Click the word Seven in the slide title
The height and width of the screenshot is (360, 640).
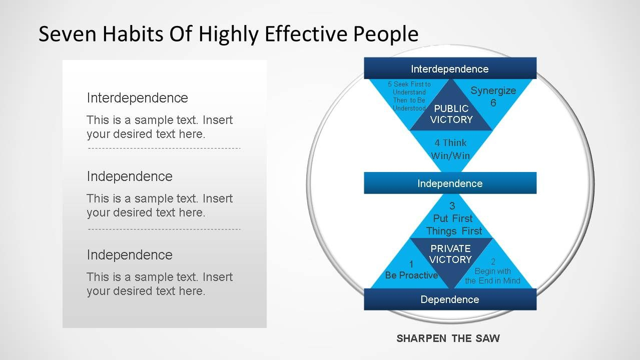(68, 34)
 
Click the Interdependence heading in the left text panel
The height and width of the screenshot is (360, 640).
(138, 98)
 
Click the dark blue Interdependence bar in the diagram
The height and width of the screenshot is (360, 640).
(450, 68)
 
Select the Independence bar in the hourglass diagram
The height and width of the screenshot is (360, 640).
(450, 183)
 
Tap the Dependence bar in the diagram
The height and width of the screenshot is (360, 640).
(450, 299)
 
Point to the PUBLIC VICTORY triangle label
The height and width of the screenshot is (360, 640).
(451, 114)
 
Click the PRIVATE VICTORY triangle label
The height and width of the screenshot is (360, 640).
(450, 254)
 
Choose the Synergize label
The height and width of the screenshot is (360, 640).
(493, 90)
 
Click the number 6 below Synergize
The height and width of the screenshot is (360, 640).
(493, 103)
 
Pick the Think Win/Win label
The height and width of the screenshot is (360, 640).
(450, 149)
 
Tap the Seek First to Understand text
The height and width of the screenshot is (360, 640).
(409, 96)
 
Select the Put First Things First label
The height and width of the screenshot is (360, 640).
(454, 224)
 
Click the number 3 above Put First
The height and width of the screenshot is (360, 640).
(452, 206)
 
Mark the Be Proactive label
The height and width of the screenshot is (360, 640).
(411, 275)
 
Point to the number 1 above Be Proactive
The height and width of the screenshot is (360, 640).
(411, 264)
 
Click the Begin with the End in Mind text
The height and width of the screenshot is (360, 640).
(492, 271)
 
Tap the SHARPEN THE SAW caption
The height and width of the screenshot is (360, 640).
(448, 338)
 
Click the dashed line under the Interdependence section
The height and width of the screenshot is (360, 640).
(164, 148)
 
